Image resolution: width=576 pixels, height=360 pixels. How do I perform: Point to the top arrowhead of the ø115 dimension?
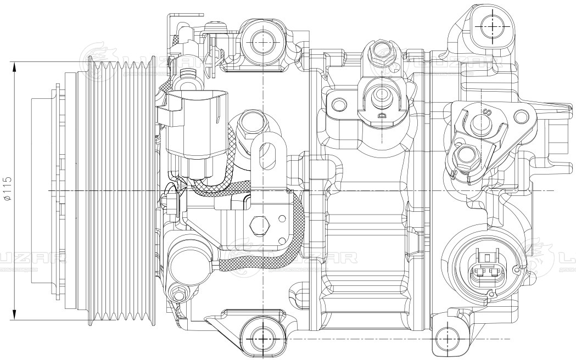[x=15, y=65]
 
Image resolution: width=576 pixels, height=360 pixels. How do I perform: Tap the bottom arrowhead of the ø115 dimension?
[x=15, y=316]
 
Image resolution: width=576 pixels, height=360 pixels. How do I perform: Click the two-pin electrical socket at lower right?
[x=487, y=268]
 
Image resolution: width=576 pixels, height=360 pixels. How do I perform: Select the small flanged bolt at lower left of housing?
[x=178, y=293]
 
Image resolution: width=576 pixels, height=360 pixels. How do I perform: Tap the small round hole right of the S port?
[x=519, y=117]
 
